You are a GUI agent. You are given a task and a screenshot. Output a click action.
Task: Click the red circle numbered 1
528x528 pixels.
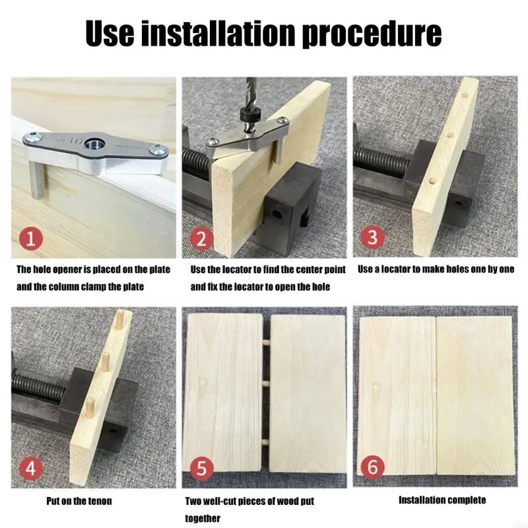coord(30,239)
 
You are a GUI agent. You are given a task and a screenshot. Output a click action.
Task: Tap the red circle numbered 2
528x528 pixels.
coord(201,239)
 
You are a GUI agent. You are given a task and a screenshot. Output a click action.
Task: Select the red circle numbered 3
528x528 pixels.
coord(372,237)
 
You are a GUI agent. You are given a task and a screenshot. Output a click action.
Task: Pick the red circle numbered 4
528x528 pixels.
coord(30,468)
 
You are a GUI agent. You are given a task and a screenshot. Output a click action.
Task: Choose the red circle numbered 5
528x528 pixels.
coord(201,468)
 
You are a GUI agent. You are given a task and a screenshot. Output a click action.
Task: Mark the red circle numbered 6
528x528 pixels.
coord(372,467)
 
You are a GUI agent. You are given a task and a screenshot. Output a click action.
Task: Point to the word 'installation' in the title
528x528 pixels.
coord(217,33)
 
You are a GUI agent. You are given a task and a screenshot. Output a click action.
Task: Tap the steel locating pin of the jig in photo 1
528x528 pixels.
coord(35,180)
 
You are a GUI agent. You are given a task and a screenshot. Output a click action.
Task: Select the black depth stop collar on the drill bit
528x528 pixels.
coord(249,115)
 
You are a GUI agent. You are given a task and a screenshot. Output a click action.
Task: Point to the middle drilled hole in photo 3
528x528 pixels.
coord(449,136)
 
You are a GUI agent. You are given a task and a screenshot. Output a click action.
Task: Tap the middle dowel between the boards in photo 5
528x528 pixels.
coord(267,383)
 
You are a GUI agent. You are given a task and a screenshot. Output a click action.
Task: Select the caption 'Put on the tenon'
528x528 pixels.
coord(79,501)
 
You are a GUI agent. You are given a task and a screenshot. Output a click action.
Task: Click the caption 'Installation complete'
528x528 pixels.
coord(442,500)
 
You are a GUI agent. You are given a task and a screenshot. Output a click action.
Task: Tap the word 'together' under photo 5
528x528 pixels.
coord(203,518)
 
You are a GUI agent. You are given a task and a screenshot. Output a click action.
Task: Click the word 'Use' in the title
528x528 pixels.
coord(110,33)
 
